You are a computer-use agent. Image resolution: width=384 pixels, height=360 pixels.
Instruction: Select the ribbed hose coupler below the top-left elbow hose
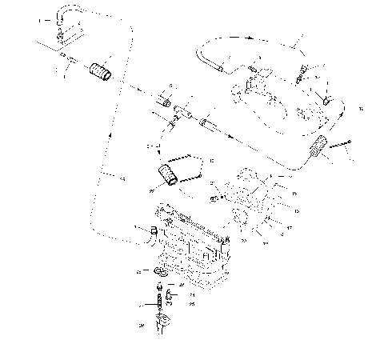(x=101, y=70)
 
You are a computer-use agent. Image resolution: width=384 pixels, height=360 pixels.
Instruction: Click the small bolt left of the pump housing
(x=215, y=198)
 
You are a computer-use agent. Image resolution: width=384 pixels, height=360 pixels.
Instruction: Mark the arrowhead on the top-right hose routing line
(x=250, y=36)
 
